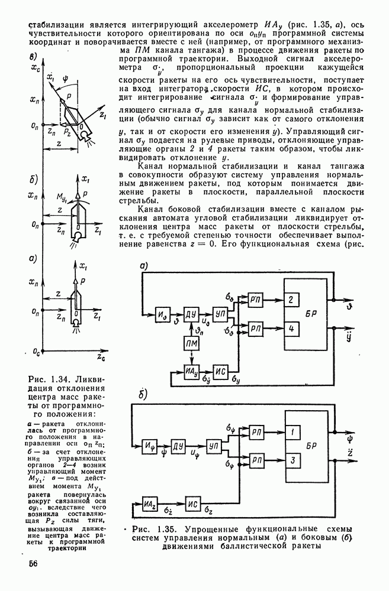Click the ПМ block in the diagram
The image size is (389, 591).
tap(191, 344)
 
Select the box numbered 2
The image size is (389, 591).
tap(290, 300)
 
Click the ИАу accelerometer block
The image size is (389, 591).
tap(191, 371)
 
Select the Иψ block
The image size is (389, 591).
tap(150, 444)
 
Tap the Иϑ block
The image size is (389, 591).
tap(163, 311)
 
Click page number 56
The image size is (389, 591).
tap(31, 564)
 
